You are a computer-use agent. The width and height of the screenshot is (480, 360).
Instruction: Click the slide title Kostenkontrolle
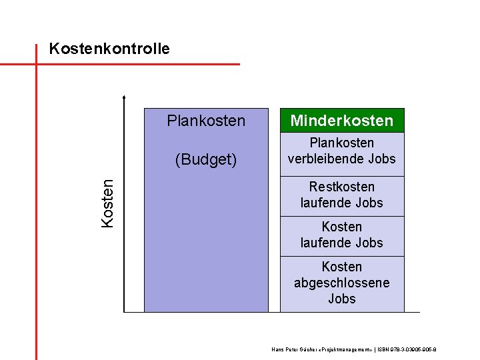[109, 49]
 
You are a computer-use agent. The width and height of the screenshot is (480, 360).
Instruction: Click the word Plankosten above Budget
[206, 121]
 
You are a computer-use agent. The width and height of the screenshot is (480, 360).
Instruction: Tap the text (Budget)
[206, 159]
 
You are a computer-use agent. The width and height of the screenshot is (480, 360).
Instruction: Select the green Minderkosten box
[341, 121]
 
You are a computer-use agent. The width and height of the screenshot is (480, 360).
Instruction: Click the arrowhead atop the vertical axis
[125, 97]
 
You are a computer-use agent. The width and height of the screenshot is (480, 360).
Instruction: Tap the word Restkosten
[341, 187]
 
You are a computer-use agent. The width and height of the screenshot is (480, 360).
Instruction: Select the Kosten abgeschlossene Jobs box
[341, 283]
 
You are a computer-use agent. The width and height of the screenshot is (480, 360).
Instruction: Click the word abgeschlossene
[341, 283]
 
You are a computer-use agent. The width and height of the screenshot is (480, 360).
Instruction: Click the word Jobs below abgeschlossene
[341, 299]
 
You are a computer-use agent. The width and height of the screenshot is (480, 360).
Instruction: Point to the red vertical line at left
[36, 200]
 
